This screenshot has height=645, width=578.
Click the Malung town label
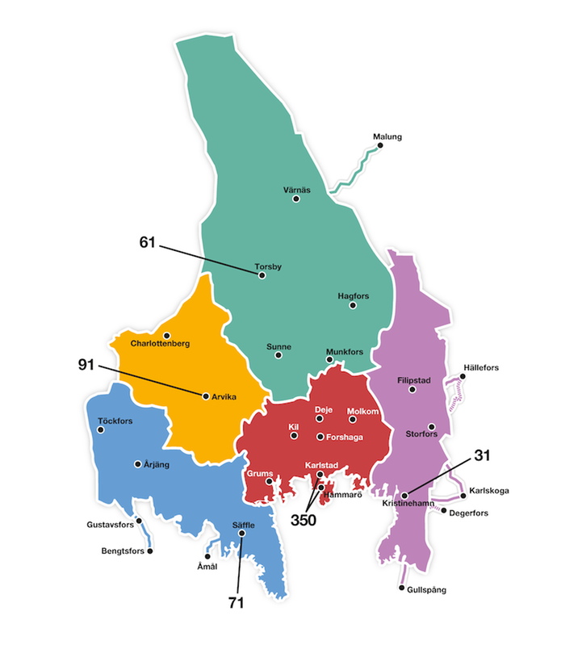click(x=387, y=136)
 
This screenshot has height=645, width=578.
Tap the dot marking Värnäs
click(x=296, y=199)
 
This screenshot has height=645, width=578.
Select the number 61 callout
click(x=147, y=241)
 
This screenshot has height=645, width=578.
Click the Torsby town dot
click(x=262, y=275)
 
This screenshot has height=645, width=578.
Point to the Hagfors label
click(x=354, y=295)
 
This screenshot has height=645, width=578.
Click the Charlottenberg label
click(x=160, y=344)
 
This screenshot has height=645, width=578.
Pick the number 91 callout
click(x=86, y=364)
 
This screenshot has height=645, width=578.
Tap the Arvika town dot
click(x=206, y=396)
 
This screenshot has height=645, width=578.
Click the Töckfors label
click(x=115, y=421)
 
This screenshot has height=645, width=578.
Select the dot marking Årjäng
click(x=138, y=464)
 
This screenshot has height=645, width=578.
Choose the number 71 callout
click(x=235, y=601)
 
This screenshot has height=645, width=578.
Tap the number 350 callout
click(x=304, y=520)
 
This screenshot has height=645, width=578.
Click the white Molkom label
click(x=362, y=411)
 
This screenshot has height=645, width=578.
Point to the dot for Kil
click(x=294, y=436)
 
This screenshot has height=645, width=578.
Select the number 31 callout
click(x=483, y=455)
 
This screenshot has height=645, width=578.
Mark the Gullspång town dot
click(x=402, y=588)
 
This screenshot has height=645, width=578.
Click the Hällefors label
click(x=481, y=368)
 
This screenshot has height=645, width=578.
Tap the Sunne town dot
click(x=279, y=355)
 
